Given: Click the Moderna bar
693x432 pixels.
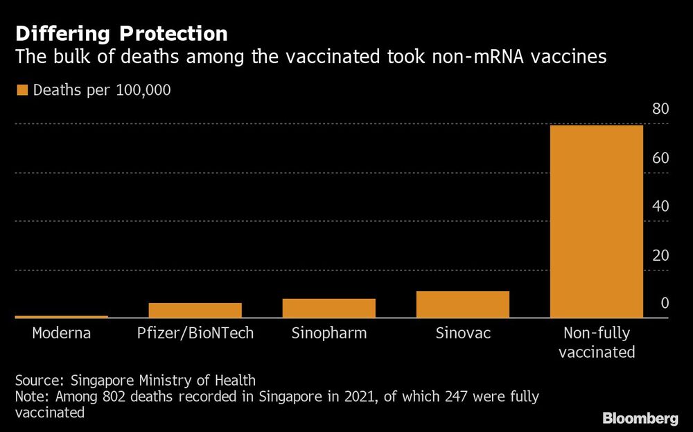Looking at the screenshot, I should click(x=62, y=317).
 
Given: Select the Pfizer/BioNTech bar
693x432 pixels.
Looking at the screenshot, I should click(x=195, y=310).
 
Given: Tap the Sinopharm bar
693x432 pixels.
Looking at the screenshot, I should click(x=329, y=308).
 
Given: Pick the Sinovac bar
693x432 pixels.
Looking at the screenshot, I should click(x=463, y=304).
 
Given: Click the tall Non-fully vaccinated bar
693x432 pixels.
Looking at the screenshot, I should click(x=597, y=222).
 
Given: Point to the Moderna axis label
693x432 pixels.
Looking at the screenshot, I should click(x=62, y=334).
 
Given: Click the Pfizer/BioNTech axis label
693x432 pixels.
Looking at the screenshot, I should click(x=195, y=334).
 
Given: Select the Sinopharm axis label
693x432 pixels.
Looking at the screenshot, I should click(x=329, y=334).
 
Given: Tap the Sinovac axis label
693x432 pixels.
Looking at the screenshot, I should click(x=463, y=334).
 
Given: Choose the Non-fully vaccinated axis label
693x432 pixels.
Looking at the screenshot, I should click(x=597, y=343).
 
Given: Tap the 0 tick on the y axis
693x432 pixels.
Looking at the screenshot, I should click(x=664, y=303).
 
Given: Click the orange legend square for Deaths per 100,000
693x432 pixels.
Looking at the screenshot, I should click(x=21, y=90).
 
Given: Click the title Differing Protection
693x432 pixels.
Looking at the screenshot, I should click(x=121, y=33).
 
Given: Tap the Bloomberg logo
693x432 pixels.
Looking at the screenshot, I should click(x=640, y=418).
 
